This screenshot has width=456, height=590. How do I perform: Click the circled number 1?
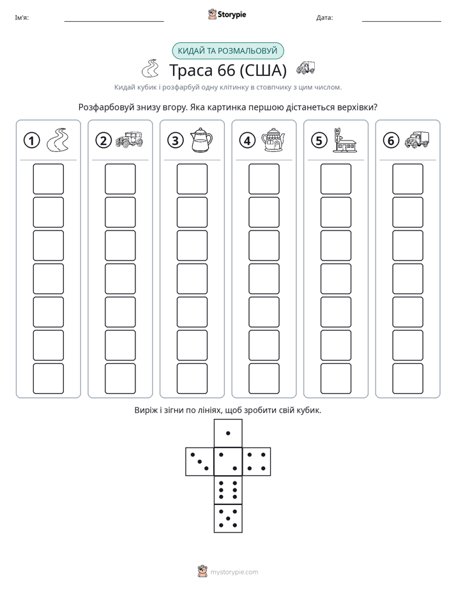[x=31, y=140]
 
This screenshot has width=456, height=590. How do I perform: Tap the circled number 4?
[x=247, y=140]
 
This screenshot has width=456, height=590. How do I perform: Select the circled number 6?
[x=391, y=140]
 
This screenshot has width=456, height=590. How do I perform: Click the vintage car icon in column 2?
[x=129, y=139]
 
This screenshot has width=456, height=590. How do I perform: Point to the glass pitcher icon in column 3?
[x=201, y=140]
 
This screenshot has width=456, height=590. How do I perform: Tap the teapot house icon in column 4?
[x=273, y=140]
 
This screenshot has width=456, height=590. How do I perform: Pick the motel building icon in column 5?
[x=344, y=140]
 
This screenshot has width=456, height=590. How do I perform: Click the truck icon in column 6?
[x=417, y=140]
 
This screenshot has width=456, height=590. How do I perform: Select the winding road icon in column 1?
[x=57, y=140]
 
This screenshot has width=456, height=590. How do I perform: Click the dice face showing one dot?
[x=228, y=433]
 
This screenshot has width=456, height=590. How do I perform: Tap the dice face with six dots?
[x=228, y=490]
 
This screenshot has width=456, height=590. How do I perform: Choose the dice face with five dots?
[x=228, y=518]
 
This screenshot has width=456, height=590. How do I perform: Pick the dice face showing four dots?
[x=257, y=462]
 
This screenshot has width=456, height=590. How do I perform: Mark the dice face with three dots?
[x=200, y=462]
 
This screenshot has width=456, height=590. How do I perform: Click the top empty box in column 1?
[x=48, y=179]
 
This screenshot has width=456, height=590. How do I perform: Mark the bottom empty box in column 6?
[x=408, y=379]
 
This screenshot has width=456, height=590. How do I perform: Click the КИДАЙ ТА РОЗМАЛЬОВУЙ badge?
[x=227, y=51]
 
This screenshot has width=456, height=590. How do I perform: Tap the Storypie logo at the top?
[x=227, y=14]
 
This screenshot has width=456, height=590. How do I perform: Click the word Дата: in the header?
[x=324, y=17]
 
